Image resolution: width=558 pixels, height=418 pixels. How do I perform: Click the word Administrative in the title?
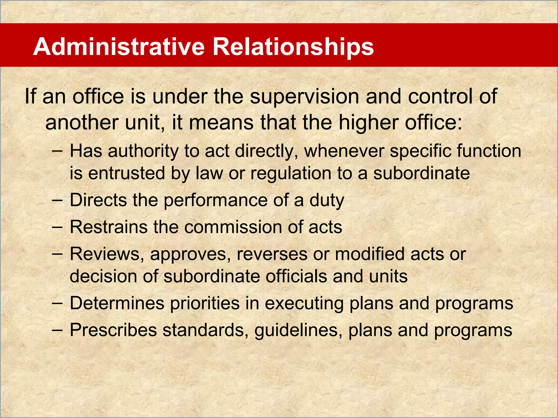point(119,47)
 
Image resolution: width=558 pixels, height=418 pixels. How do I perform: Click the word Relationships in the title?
point(293,47)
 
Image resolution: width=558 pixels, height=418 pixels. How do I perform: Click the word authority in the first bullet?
point(143,151)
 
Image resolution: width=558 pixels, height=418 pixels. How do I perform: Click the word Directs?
point(98,200)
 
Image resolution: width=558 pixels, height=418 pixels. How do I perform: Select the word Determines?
point(117,303)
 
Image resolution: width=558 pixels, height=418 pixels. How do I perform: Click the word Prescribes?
point(113,330)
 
